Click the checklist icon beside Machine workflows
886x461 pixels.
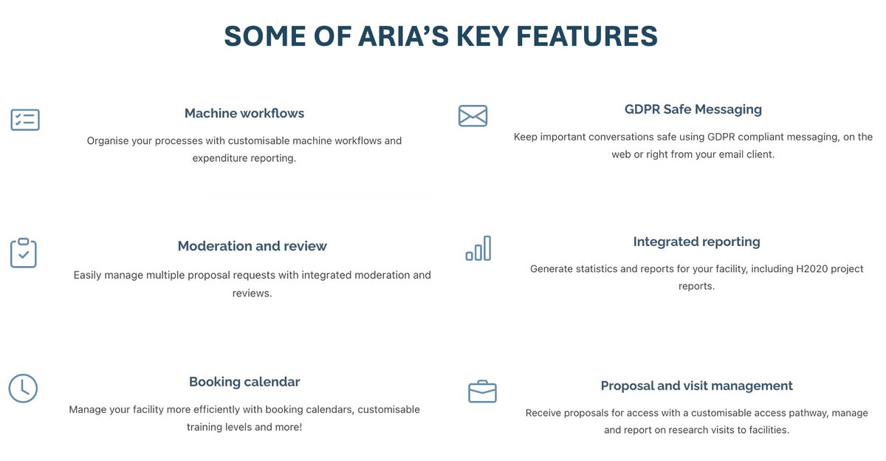[x=25, y=120]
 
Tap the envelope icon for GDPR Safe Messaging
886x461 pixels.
[x=473, y=116]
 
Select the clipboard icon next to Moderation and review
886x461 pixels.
[x=24, y=253]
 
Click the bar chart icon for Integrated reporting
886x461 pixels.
[x=478, y=249]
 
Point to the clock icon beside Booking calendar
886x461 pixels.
[x=23, y=388]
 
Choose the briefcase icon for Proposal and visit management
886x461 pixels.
[x=482, y=391]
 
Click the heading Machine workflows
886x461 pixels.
[x=244, y=113]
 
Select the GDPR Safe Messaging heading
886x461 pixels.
[x=693, y=109]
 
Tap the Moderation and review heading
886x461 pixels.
[x=252, y=246]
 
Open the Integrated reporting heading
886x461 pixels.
[x=696, y=242]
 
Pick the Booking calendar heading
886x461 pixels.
[x=244, y=382]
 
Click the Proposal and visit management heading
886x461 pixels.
[x=696, y=386]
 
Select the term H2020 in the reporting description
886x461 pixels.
[x=795, y=269]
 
